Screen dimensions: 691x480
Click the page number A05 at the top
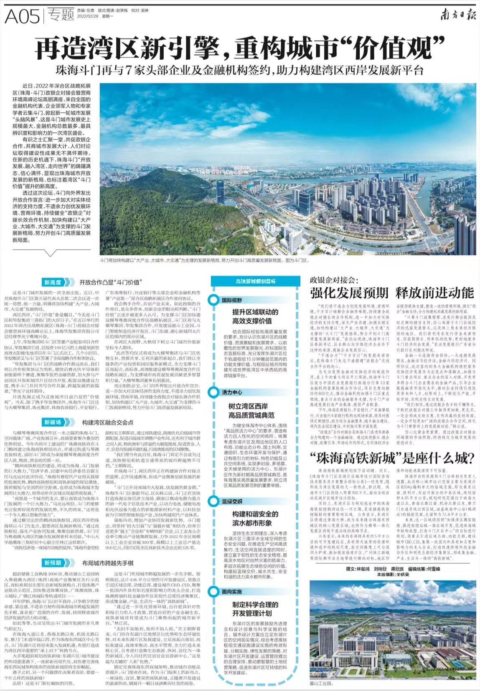click(22, 16)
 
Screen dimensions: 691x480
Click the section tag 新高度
click(53, 283)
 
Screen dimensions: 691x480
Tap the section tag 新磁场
click(53, 422)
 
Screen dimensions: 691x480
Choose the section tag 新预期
click(53, 563)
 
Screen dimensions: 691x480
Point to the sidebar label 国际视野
click(232, 300)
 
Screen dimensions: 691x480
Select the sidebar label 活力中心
click(232, 392)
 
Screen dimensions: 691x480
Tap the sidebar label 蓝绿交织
click(232, 501)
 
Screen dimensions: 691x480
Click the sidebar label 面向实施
click(232, 592)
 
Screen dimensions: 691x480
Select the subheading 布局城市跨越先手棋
click(107, 563)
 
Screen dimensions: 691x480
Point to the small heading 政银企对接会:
click(334, 279)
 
